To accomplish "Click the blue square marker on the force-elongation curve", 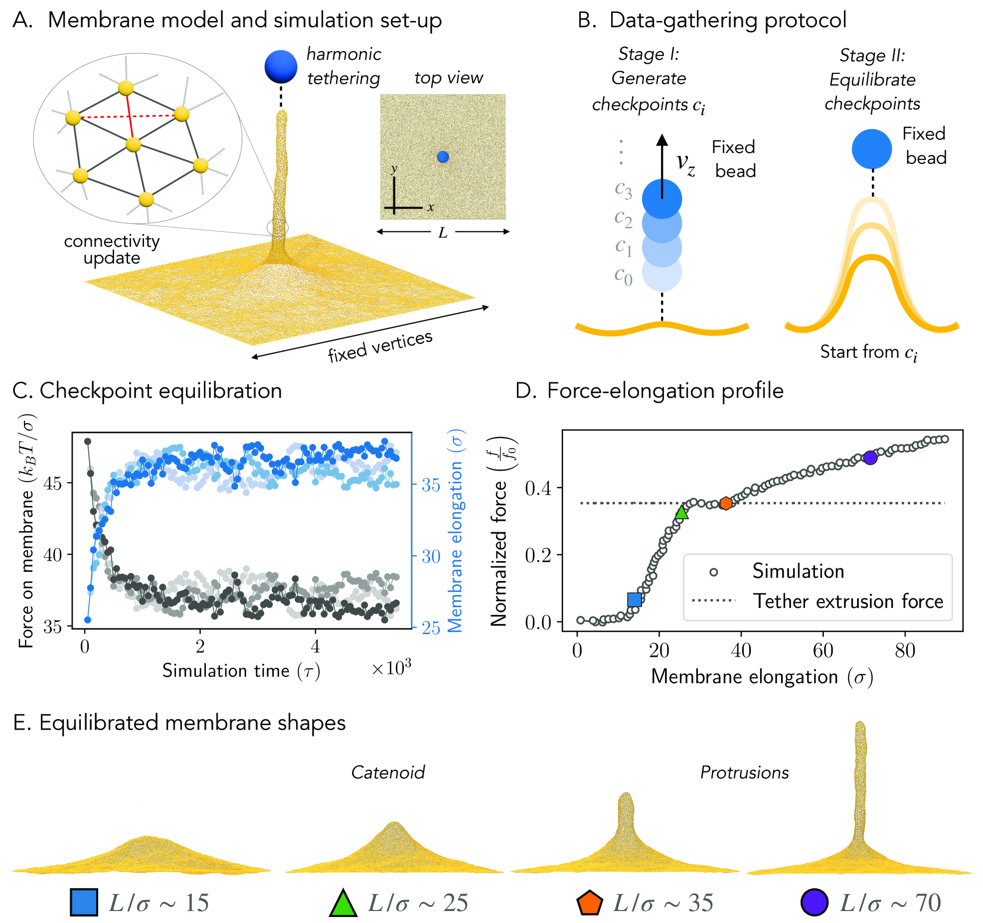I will [634, 599].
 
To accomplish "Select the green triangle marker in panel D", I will [681, 512].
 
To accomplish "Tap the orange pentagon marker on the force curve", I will [726, 503].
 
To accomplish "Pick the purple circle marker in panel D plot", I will [870, 458].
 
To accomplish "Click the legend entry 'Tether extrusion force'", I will [847, 601].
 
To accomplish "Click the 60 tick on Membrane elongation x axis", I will [823, 651].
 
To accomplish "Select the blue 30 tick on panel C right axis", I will [431, 556].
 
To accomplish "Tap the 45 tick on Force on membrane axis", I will [53, 483].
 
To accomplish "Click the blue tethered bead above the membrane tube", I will [281, 66].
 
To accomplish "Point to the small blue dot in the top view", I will [443, 157].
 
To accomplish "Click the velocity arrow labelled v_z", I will [662, 164].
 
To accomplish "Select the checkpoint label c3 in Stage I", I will [623, 190].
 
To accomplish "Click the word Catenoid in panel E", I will [388, 772].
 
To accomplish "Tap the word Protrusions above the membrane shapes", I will [744, 772].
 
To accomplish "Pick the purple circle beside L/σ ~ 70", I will [814, 903].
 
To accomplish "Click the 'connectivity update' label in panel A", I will [112, 249].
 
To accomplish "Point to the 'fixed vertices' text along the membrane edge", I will [380, 346].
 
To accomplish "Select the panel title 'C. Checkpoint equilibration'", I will [147, 391].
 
